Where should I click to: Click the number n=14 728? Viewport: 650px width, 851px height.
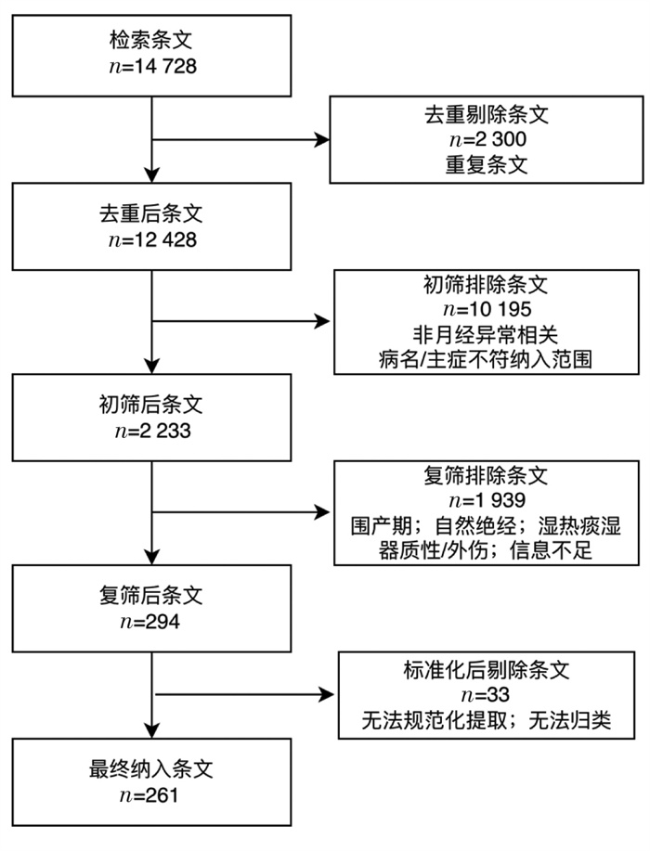pos(152,67)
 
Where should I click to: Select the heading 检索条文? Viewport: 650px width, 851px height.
pos(151,40)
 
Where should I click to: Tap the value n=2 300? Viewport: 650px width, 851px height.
pos(487,139)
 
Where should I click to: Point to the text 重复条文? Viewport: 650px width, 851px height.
pos(487,164)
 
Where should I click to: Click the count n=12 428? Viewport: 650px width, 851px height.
pos(152,239)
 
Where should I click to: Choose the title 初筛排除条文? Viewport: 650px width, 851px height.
pos(486,284)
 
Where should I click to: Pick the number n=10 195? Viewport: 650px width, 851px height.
pos(487,309)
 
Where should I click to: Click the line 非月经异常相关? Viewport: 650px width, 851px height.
pos(486,334)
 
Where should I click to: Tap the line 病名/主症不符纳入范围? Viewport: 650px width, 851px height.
pos(486,359)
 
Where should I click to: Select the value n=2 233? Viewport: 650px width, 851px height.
pos(152,431)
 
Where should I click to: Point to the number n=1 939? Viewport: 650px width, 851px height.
pos(487,500)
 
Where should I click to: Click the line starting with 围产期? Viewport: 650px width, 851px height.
pos(486,525)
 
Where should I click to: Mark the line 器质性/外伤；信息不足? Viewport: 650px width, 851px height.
pos(486,550)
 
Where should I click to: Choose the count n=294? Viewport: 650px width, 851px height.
pos(149,622)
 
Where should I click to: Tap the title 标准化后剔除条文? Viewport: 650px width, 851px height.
pos(487,670)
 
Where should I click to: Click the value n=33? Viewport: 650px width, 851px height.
pos(486,695)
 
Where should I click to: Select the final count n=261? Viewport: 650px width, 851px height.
pos(149,795)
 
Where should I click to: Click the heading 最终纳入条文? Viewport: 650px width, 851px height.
pos(151,769)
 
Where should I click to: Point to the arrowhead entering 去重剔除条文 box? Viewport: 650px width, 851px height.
pos(322,140)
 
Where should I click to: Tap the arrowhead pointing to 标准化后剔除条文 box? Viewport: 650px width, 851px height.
pos(327,694)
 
